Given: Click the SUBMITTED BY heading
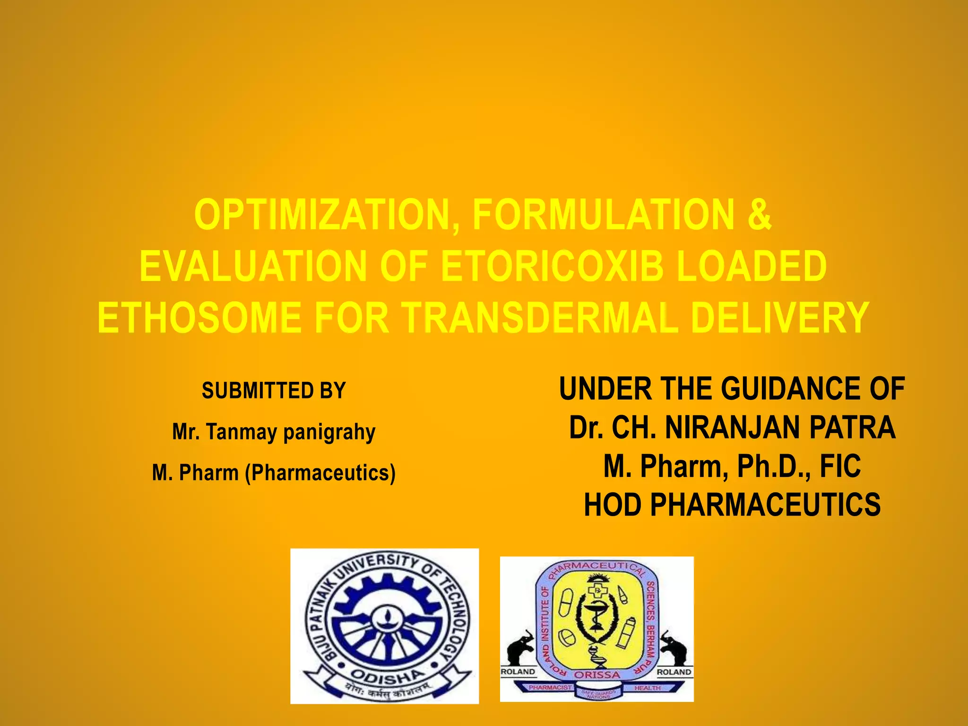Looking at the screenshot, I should point(274,391).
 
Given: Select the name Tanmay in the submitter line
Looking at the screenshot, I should point(242,432).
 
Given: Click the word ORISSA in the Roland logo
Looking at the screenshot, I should point(596,675).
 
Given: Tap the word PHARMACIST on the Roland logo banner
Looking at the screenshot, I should point(550,688).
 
